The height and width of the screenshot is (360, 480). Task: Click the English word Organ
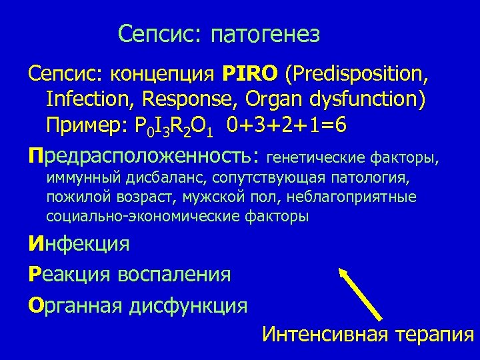click(x=273, y=99)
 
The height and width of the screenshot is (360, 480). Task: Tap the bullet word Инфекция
click(x=79, y=245)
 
